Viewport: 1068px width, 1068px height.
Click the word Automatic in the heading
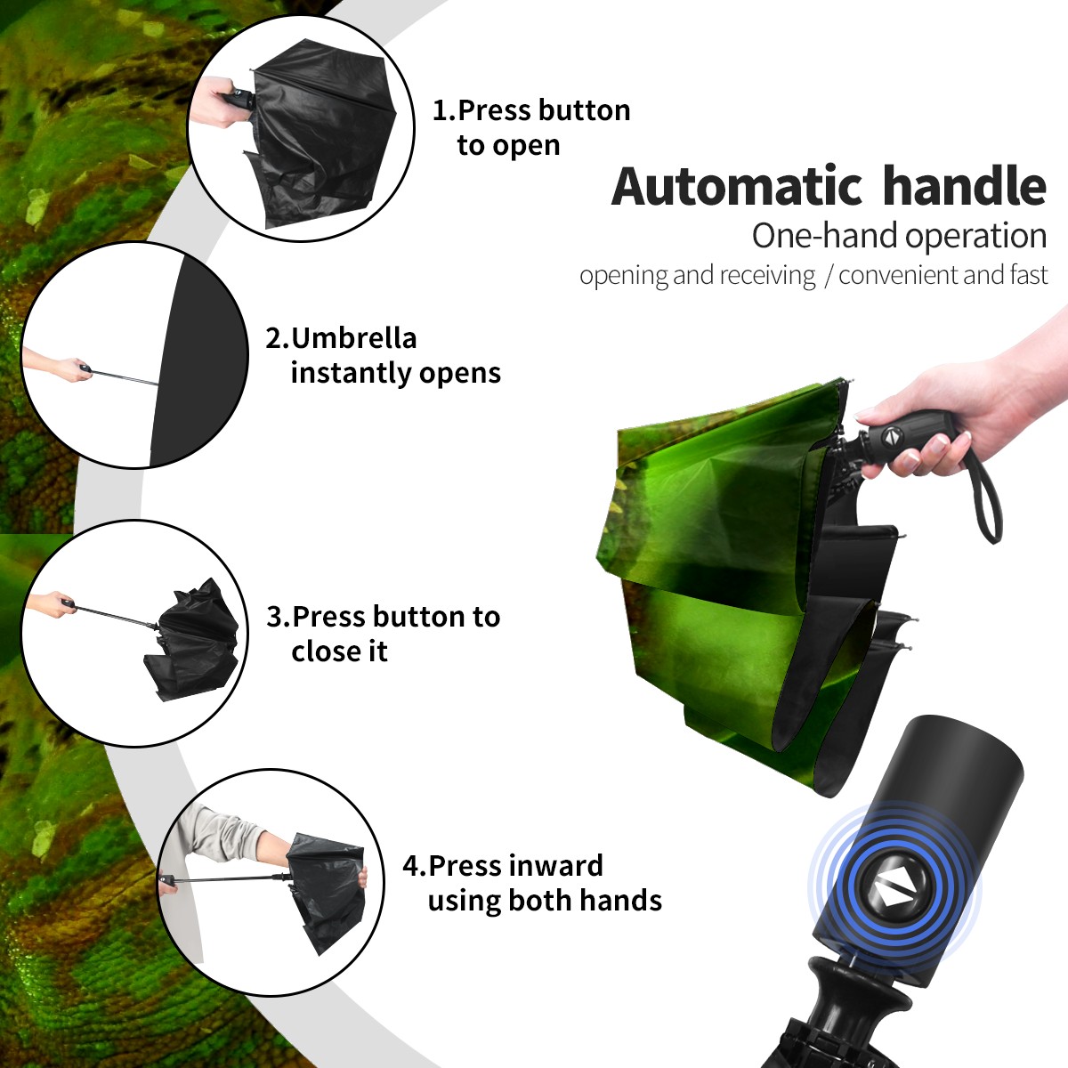(737, 187)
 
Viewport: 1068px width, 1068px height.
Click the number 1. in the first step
(444, 110)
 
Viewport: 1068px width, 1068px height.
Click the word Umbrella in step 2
(353, 338)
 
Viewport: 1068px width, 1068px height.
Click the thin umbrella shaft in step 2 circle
(125, 377)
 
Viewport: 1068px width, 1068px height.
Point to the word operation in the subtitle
(976, 237)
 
